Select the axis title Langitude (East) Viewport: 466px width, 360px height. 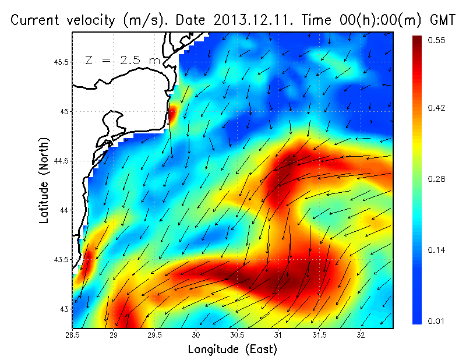pos(232,350)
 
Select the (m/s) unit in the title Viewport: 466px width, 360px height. pos(143,20)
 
